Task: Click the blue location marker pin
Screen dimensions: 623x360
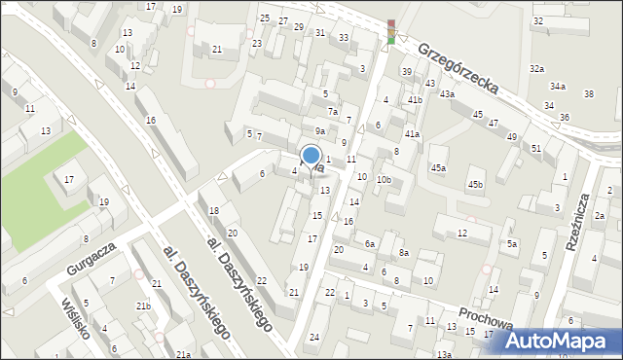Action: (x=311, y=156)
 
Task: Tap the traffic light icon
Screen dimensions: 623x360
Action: (x=391, y=31)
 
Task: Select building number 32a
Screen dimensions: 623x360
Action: (x=536, y=69)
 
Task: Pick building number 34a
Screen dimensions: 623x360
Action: (x=557, y=87)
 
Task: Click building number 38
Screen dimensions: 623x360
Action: (x=588, y=93)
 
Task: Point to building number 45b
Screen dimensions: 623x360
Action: (x=475, y=184)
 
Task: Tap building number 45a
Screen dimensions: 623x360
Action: (x=439, y=168)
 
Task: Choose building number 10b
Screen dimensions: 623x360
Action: (x=385, y=179)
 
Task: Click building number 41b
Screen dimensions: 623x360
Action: (x=415, y=100)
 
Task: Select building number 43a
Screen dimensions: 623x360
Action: (x=446, y=93)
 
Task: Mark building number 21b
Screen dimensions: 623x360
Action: (x=143, y=306)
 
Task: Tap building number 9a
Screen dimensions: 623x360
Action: (x=319, y=130)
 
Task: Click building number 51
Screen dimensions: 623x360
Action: (x=536, y=148)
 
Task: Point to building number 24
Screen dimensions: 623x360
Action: (x=313, y=337)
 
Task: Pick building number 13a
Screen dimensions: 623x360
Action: (x=443, y=354)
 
